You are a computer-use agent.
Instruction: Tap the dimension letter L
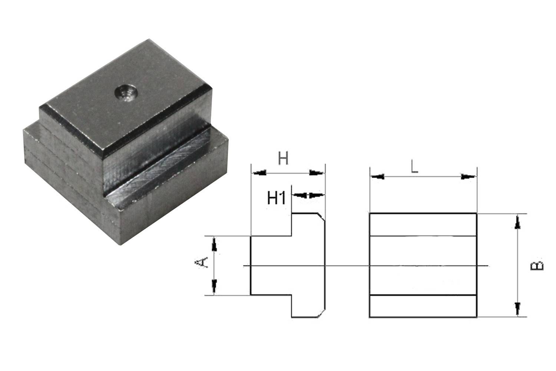(x=414, y=167)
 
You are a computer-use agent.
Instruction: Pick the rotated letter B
(x=538, y=265)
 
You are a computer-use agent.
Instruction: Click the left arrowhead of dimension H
(x=259, y=173)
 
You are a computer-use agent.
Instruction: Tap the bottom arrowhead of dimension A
(x=214, y=286)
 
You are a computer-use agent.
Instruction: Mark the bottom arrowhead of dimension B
(x=518, y=308)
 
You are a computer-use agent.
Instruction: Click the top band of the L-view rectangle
(x=423, y=224)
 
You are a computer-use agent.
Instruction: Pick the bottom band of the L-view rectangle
(x=423, y=306)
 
